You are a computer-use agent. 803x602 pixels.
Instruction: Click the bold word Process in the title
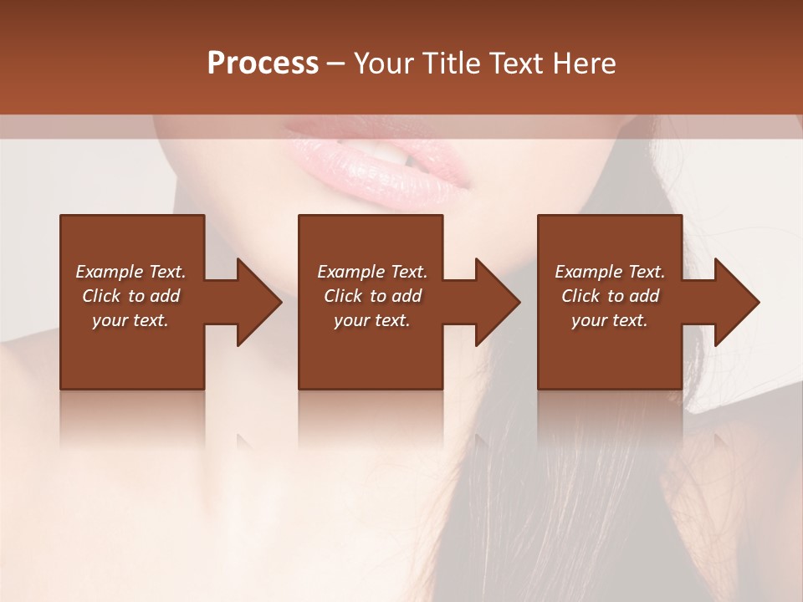coord(263,64)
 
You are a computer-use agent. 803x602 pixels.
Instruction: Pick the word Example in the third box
coord(586,272)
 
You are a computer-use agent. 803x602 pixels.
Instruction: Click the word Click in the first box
coord(101,296)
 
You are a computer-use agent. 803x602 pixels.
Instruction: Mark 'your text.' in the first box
coord(130,320)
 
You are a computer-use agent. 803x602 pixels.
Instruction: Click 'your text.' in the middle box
coord(372,320)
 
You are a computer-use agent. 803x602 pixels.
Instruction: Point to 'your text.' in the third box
coord(610,320)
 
